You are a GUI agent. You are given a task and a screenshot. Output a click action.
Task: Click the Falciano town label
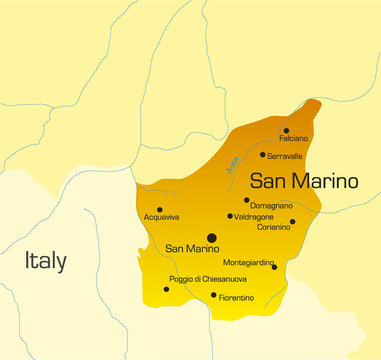click(293, 138)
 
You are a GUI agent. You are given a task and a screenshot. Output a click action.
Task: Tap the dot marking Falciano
click(286, 130)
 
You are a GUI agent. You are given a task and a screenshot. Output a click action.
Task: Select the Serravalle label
click(286, 155)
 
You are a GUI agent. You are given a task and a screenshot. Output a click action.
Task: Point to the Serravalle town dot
click(263, 154)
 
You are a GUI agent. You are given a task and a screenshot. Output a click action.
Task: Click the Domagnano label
click(271, 205)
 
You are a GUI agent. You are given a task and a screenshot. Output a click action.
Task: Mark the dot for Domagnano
click(245, 200)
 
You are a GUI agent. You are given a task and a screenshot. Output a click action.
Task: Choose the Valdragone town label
click(255, 216)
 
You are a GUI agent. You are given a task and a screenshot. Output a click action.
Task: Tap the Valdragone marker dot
click(230, 215)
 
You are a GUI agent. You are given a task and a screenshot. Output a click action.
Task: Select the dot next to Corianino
click(292, 222)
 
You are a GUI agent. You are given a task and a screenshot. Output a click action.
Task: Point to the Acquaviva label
click(161, 217)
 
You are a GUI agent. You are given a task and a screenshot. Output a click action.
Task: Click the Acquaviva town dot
click(160, 209)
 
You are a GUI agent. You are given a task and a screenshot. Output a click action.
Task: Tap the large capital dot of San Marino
click(211, 238)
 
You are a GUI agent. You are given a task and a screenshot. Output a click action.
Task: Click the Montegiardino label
click(247, 262)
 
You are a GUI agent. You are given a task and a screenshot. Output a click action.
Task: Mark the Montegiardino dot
click(274, 267)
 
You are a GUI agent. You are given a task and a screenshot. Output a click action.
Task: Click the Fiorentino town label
click(237, 297)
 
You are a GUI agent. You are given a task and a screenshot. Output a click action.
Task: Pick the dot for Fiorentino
click(213, 294)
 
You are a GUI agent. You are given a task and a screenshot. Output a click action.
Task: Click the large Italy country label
click(46, 262)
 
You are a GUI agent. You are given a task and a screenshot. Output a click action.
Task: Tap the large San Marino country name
click(303, 181)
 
